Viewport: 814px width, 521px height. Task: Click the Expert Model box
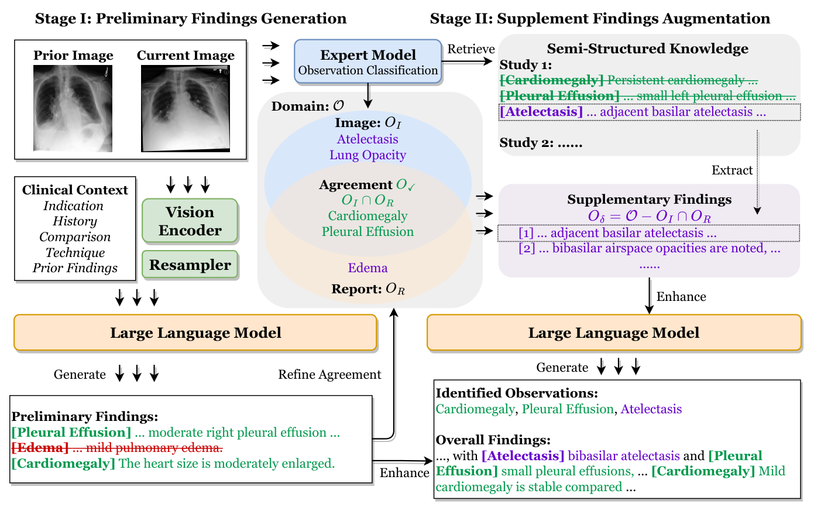367,61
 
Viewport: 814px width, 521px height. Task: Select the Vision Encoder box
190,221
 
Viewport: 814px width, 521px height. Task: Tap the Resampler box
190,265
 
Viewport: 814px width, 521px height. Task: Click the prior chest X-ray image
73,108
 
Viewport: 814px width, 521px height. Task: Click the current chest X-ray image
186,108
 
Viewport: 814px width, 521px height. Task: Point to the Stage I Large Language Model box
195,333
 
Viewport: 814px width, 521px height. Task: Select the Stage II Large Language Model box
614,333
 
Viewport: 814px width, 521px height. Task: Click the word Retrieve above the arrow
470,49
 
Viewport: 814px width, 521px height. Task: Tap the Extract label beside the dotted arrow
731,170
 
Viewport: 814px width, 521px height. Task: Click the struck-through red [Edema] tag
40,448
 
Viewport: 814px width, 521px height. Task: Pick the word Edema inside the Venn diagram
367,268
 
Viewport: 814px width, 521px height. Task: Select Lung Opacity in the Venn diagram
367,155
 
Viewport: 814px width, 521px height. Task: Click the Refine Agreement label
329,375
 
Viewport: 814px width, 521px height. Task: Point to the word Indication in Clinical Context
73,206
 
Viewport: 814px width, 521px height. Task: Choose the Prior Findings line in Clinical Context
75,268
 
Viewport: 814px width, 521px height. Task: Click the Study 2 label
541,143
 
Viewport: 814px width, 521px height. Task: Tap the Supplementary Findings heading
649,200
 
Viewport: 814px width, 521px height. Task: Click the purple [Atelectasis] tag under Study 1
541,112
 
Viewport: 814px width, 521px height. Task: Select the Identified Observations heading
516,393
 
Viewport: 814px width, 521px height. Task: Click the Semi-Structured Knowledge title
647,49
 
